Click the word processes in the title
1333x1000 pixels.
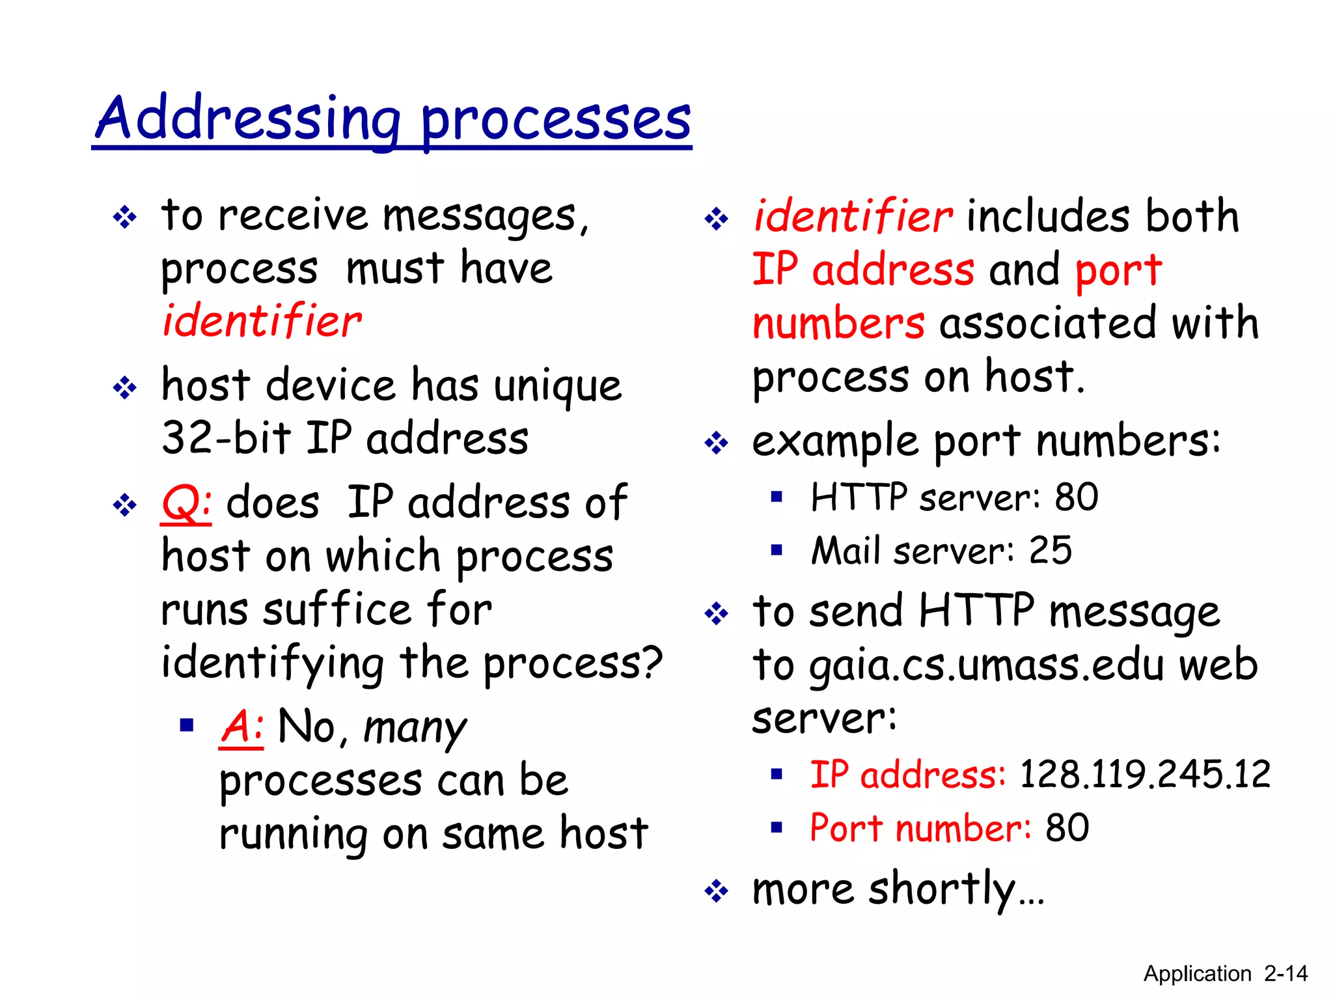[x=556, y=120]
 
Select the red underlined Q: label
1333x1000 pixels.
[x=186, y=503]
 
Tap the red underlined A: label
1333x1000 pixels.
[x=241, y=727]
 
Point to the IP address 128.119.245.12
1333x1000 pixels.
[x=1144, y=775]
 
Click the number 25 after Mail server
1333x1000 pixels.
[x=1050, y=551]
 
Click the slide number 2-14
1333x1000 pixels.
[x=1285, y=973]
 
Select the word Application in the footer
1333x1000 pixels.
[x=1198, y=973]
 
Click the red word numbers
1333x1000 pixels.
[x=838, y=324]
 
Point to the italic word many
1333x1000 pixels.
[x=415, y=728]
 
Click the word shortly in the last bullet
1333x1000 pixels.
[x=942, y=889]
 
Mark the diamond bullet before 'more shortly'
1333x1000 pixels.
[x=716, y=891]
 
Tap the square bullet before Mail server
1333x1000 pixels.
[x=776, y=551]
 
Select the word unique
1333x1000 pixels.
[x=557, y=386]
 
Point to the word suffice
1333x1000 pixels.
[x=337, y=610]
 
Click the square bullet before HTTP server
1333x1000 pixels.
[x=776, y=497]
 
